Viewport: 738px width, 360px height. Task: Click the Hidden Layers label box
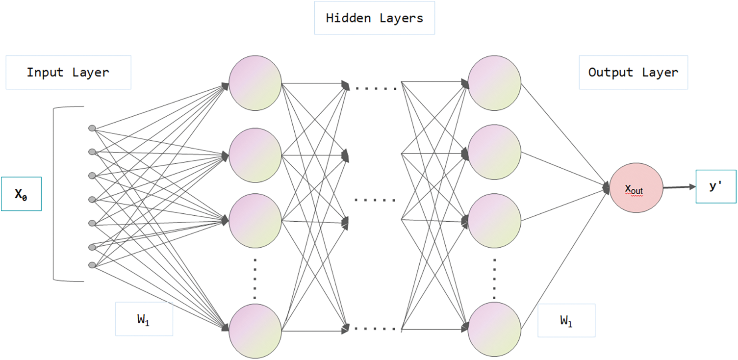pyautogui.click(x=374, y=18)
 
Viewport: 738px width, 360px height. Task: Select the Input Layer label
pyautogui.click(x=68, y=73)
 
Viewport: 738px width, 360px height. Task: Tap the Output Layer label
pyautogui.click(x=633, y=73)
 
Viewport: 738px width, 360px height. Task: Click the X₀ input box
pyautogui.click(x=21, y=194)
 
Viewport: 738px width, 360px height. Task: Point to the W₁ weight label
pyautogui.click(x=144, y=319)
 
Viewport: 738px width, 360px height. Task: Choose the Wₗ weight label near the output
pyautogui.click(x=566, y=321)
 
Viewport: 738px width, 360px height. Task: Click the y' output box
pyautogui.click(x=716, y=186)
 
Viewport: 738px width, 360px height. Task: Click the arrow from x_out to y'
pyautogui.click(x=679, y=187)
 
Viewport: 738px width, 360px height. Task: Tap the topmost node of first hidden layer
pyautogui.click(x=255, y=82)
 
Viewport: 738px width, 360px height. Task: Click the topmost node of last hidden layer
pyautogui.click(x=494, y=82)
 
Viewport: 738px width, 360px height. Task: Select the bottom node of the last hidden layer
pyautogui.click(x=494, y=329)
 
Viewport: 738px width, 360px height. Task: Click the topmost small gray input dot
pyautogui.click(x=92, y=129)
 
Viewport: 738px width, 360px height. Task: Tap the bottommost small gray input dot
pyautogui.click(x=92, y=265)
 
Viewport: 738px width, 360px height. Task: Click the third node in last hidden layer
pyautogui.click(x=494, y=220)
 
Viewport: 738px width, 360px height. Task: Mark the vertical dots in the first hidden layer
pyautogui.click(x=255, y=277)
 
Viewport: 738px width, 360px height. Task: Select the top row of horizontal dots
pyautogui.click(x=376, y=89)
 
